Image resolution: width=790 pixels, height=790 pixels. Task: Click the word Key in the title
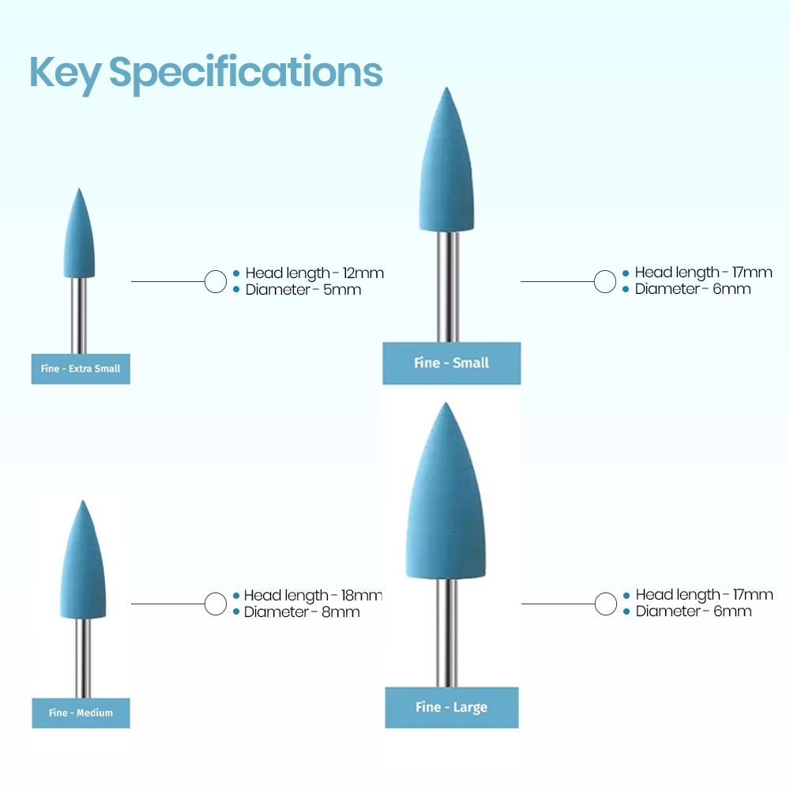coord(66,73)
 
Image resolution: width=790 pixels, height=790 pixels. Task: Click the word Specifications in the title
coord(246,73)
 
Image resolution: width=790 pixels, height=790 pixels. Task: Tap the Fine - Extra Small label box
coord(81,369)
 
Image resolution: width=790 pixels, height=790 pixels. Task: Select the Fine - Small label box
coord(451,363)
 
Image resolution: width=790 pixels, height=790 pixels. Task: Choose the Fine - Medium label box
coord(81,713)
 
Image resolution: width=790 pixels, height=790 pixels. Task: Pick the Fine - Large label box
coord(451,707)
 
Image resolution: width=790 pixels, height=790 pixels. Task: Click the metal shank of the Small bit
coord(448,288)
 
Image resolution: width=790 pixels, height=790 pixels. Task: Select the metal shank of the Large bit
coord(447,634)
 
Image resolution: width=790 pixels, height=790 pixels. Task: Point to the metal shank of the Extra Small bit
coord(78,316)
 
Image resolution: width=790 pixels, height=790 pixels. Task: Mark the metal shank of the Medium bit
coord(83,659)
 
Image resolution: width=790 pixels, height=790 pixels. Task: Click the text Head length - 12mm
coord(314,273)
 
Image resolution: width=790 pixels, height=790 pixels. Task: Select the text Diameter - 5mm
coord(303,290)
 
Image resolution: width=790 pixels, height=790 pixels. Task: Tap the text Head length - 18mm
coord(313,596)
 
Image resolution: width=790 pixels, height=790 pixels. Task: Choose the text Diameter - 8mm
coord(302,612)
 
